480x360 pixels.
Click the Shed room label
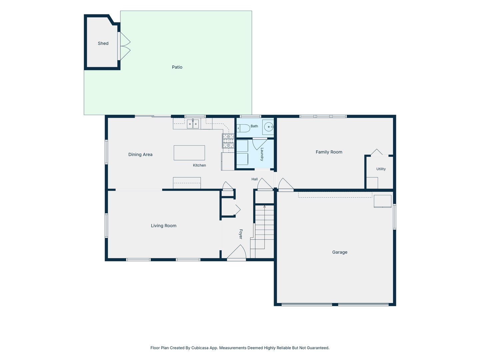click(103, 43)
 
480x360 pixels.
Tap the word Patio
click(177, 67)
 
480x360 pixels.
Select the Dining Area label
click(140, 155)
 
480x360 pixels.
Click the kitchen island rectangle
click(189, 153)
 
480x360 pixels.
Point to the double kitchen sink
click(193, 124)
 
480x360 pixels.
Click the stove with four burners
click(228, 141)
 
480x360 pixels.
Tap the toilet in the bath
click(243, 128)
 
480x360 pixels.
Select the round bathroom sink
click(269, 127)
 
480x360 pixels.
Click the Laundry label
click(262, 154)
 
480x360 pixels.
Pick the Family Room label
click(329, 152)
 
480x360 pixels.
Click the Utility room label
click(381, 169)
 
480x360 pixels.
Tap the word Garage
click(340, 252)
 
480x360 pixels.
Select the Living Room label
click(164, 226)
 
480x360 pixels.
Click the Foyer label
click(241, 234)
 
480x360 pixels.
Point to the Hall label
click(254, 179)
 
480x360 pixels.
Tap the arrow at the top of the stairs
click(264, 207)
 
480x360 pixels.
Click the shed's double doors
click(125, 46)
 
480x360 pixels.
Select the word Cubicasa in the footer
click(200, 348)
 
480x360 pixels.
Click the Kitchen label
click(199, 165)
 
